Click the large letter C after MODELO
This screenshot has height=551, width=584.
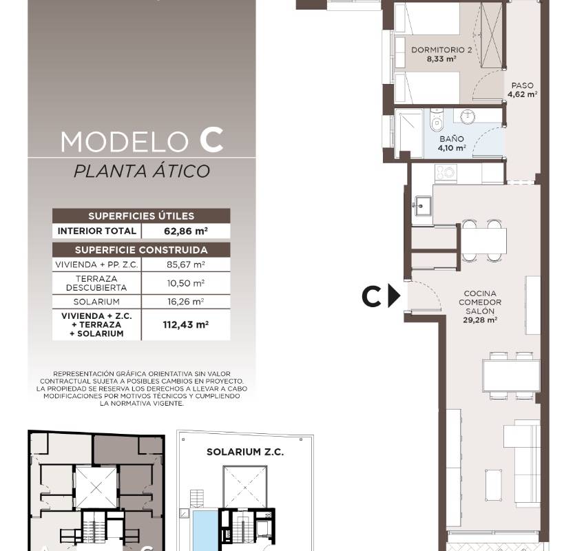pyautogui.click(x=211, y=140)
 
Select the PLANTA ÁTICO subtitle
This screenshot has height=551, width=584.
pyautogui.click(x=142, y=171)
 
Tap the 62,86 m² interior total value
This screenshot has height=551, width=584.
pyautogui.click(x=185, y=231)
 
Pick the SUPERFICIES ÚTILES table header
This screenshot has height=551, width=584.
pyautogui.click(x=141, y=216)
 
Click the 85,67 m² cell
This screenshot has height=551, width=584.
pyautogui.click(x=185, y=264)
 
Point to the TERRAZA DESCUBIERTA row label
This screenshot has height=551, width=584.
pyautogui.click(x=96, y=283)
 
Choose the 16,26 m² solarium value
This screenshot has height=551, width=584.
pyautogui.click(x=185, y=302)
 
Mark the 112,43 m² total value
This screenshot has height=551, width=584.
pyautogui.click(x=185, y=324)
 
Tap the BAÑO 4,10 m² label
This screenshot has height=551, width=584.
pyautogui.click(x=451, y=143)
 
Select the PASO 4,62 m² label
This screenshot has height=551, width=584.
pyautogui.click(x=522, y=90)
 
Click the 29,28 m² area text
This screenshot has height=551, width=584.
pyautogui.click(x=480, y=320)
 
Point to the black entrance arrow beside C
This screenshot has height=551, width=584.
pyautogui.click(x=394, y=296)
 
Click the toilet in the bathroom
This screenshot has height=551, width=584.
pyautogui.click(x=436, y=119)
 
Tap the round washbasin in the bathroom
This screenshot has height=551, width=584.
pyautogui.click(x=468, y=116)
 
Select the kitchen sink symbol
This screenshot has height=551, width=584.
pyautogui.click(x=422, y=206)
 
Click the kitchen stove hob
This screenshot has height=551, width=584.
pyautogui.click(x=446, y=174)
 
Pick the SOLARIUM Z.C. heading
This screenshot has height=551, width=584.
pyautogui.click(x=245, y=452)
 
